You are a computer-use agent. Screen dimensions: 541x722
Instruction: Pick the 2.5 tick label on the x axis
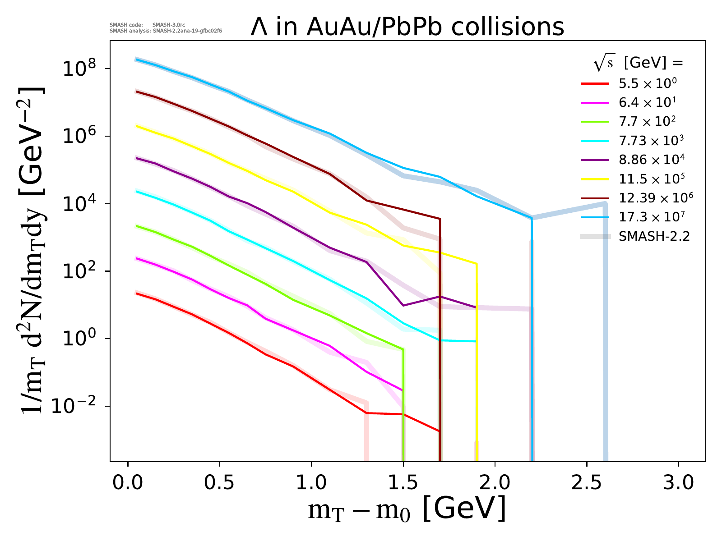coord(587,482)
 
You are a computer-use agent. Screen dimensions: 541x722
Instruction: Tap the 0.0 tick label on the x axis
coord(128,482)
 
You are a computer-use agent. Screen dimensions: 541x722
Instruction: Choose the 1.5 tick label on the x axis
coord(403,482)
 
